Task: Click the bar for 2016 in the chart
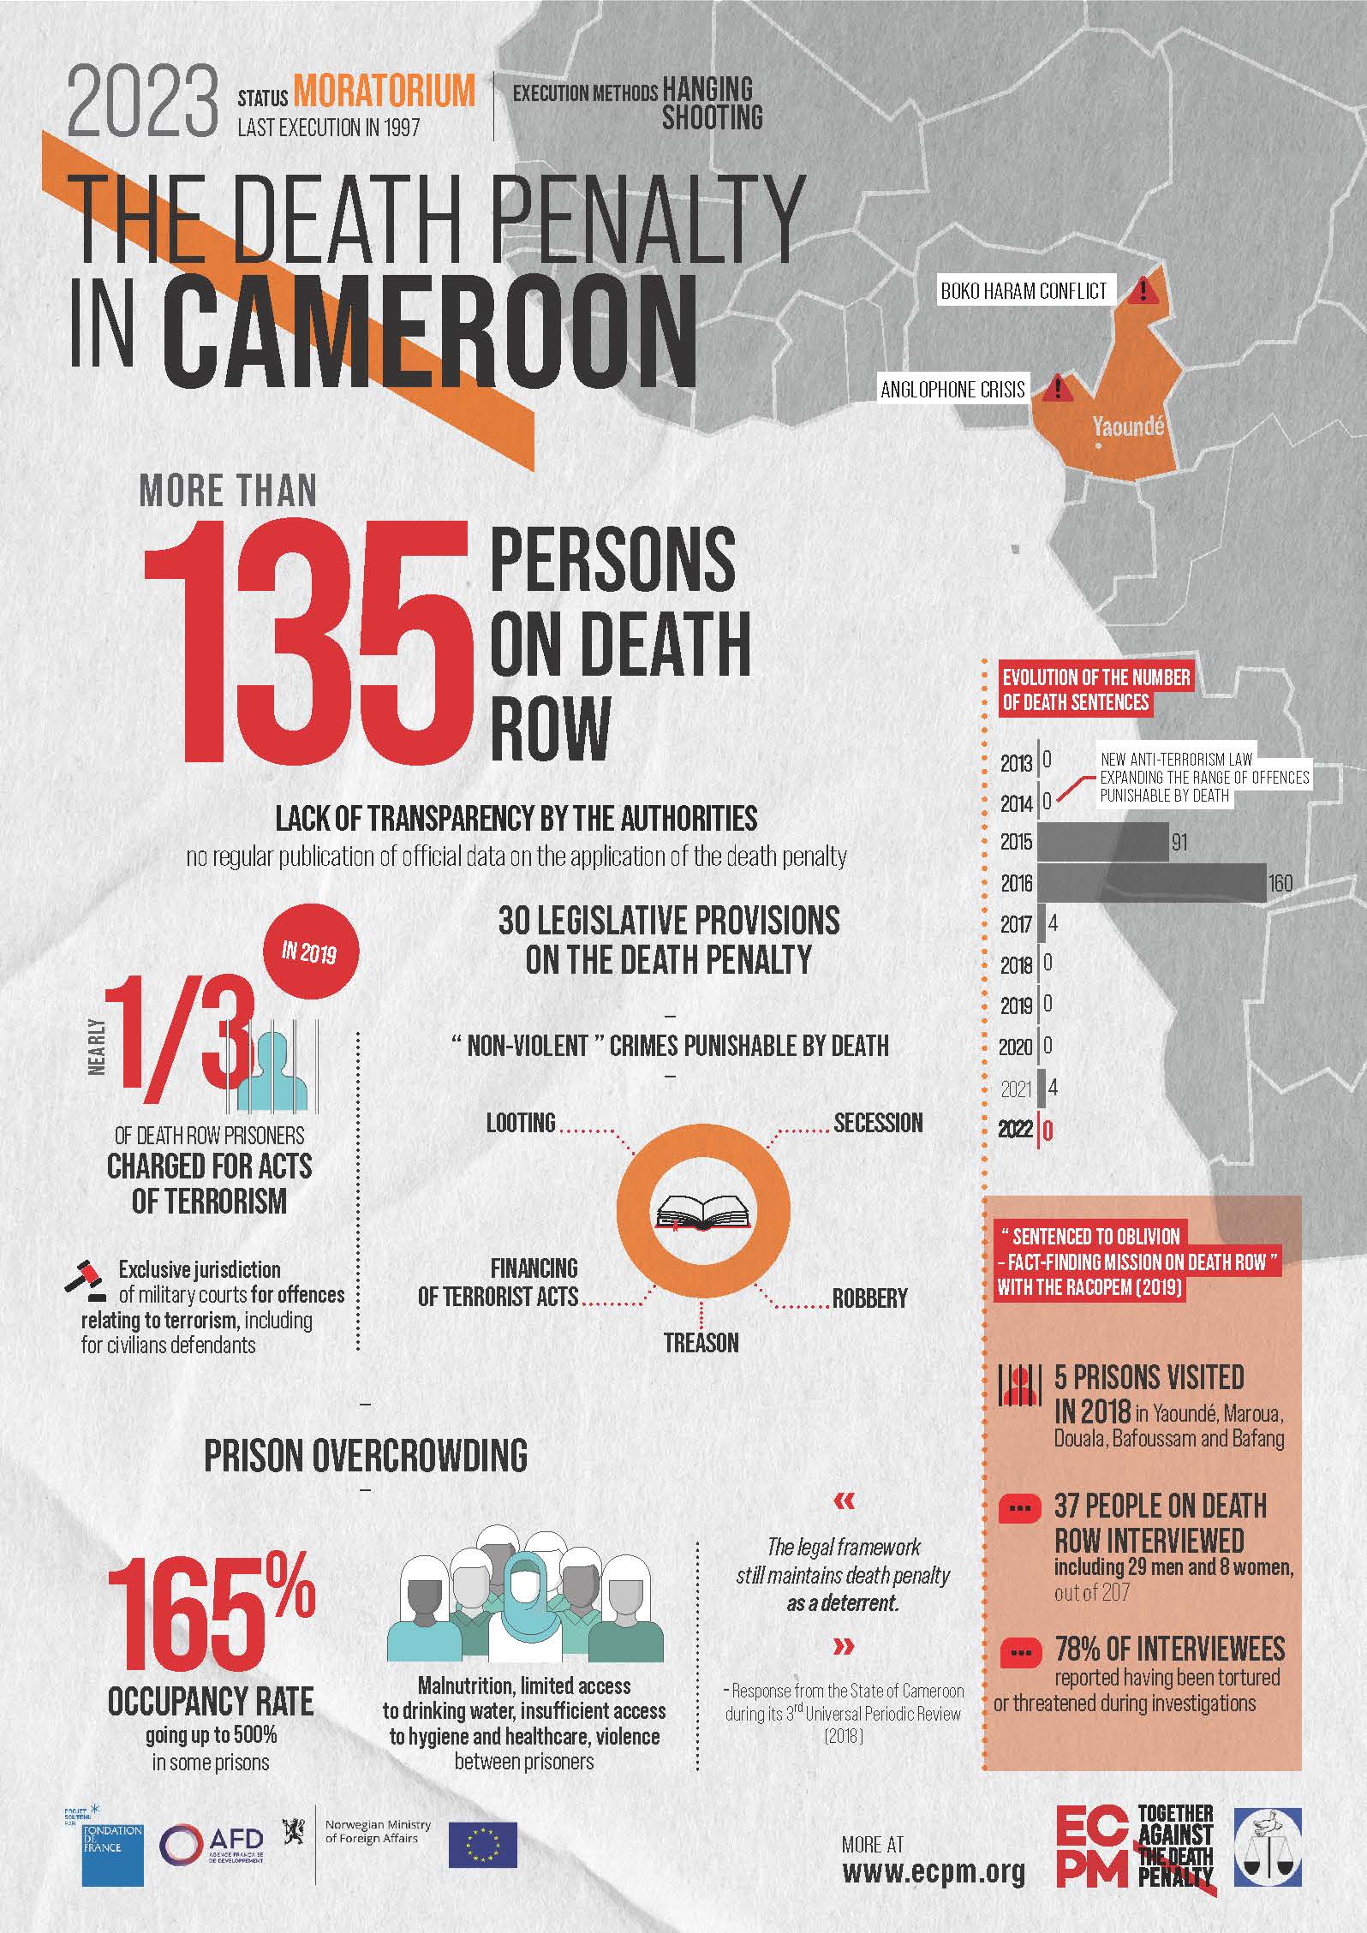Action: click(1152, 883)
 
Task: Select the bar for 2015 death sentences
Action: click(1103, 841)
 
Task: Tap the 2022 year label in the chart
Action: click(1015, 1129)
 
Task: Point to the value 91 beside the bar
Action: click(1179, 842)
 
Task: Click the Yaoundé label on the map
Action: click(1128, 426)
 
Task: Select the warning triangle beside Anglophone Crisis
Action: click(1059, 390)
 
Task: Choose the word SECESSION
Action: click(878, 1123)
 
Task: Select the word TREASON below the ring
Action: click(701, 1342)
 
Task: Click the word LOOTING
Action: click(521, 1123)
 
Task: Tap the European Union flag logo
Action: click(482, 1844)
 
